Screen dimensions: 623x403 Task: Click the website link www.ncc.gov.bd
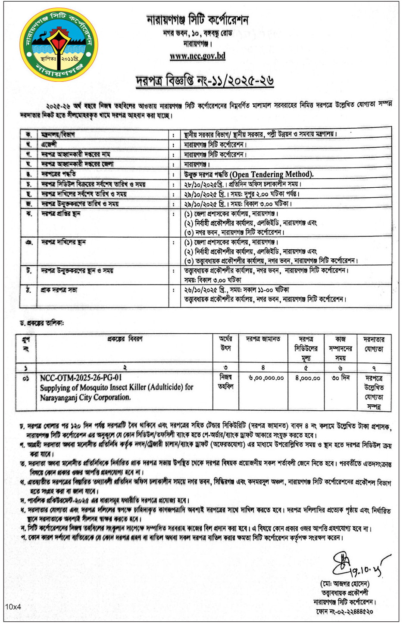[197, 56]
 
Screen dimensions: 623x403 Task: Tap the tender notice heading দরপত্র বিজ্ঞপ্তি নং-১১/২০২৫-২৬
[205, 81]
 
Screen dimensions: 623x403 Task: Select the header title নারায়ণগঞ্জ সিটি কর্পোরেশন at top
[197, 20]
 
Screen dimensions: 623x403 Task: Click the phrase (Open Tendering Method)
[272, 174]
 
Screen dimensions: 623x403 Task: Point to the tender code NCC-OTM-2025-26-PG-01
[81, 378]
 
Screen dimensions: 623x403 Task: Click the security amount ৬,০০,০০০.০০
[266, 378]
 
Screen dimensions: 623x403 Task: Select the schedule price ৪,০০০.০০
[308, 378]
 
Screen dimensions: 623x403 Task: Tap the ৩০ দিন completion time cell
[341, 378]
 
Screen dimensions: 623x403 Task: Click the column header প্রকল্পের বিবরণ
[125, 339]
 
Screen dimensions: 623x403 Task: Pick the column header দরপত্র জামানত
[263, 339]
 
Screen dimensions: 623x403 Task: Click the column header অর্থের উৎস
[225, 344]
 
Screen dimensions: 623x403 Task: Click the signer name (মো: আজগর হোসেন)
[345, 584]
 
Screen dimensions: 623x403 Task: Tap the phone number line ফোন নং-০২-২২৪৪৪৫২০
[344, 611]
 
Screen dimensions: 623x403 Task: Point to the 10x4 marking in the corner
[13, 607]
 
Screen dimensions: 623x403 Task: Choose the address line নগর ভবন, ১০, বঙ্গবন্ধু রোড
[197, 34]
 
